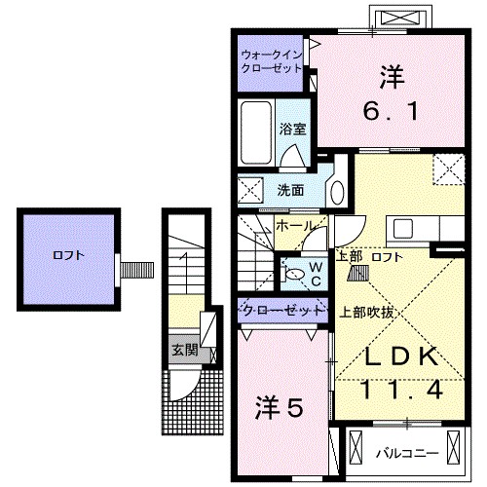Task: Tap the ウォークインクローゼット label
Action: [272, 62]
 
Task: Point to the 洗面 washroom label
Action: [290, 190]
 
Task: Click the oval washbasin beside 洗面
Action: [337, 189]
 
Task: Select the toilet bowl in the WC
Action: [295, 276]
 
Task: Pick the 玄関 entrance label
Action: [184, 349]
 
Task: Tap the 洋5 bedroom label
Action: [282, 404]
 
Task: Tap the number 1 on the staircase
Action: [185, 260]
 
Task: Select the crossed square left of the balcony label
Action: [353, 451]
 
